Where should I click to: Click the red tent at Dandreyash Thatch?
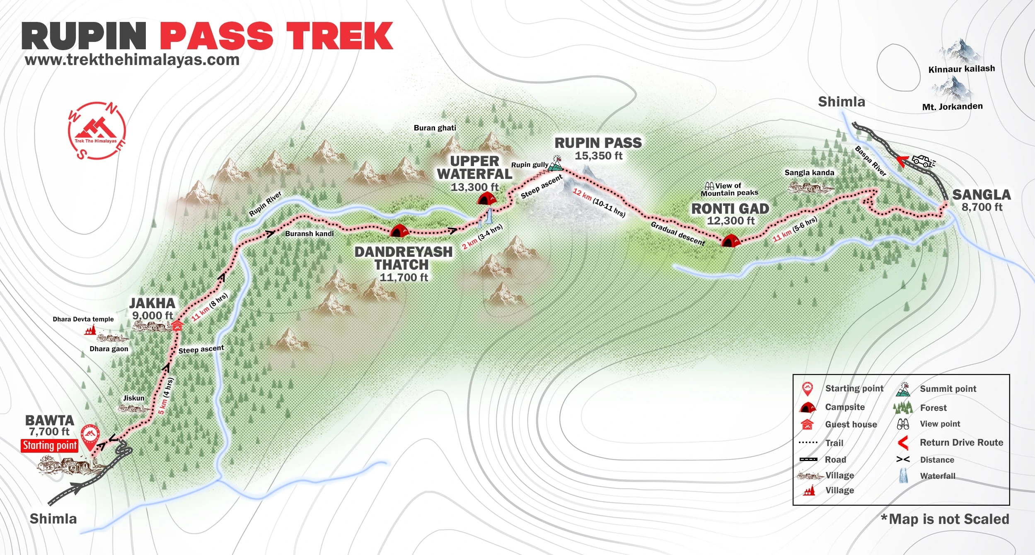click(399, 231)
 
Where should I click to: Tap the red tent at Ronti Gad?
click(730, 241)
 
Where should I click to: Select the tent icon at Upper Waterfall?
click(486, 198)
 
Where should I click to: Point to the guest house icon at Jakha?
click(177, 326)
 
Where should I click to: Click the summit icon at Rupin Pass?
click(556, 164)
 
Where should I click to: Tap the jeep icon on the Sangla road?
click(923, 161)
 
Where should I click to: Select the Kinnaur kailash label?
click(961, 69)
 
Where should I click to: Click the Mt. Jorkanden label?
click(952, 106)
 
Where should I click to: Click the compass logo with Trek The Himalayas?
click(97, 131)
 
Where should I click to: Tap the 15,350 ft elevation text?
click(598, 156)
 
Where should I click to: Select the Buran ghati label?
click(435, 128)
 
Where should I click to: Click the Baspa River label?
click(871, 161)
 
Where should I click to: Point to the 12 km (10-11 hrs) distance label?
click(599, 203)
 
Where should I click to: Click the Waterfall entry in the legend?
click(937, 476)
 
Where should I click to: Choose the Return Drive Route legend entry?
click(961, 442)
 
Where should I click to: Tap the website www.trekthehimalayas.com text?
click(132, 60)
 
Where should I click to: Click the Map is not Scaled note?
click(945, 519)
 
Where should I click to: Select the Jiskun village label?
click(134, 398)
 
